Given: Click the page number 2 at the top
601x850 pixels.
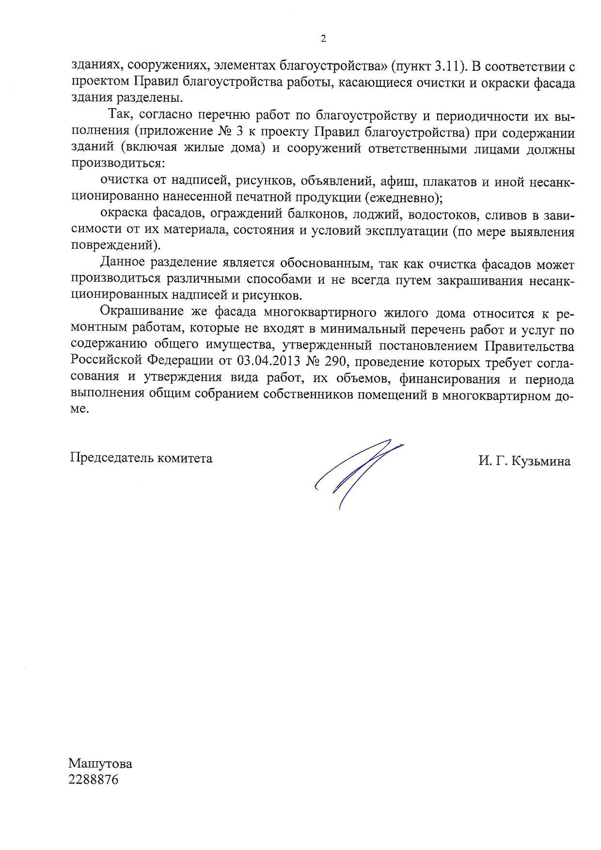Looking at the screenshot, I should pos(323,39).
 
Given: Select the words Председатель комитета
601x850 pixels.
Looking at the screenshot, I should pos(141,458).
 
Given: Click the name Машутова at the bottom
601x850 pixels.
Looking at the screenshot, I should pos(100,764).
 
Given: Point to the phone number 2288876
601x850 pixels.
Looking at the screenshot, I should pos(94,780).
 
